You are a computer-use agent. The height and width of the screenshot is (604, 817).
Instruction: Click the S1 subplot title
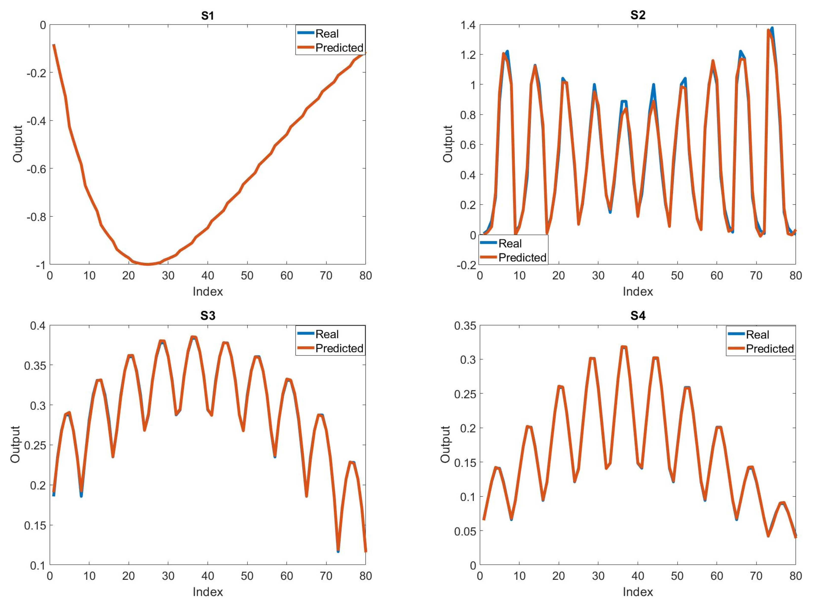point(208,15)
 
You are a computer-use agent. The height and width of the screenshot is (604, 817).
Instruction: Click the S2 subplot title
point(638,15)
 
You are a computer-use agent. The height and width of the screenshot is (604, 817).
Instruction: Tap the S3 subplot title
point(208,316)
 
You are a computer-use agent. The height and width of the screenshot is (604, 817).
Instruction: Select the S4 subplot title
point(638,316)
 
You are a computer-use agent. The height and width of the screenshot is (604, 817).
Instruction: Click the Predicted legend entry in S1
point(339,48)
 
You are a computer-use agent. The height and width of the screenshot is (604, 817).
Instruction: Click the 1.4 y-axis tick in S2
point(467,25)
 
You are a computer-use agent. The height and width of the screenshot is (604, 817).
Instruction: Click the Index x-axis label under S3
point(208,592)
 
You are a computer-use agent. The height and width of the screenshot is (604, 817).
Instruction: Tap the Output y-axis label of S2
point(448,144)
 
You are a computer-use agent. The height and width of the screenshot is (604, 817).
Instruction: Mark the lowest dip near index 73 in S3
point(338,551)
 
